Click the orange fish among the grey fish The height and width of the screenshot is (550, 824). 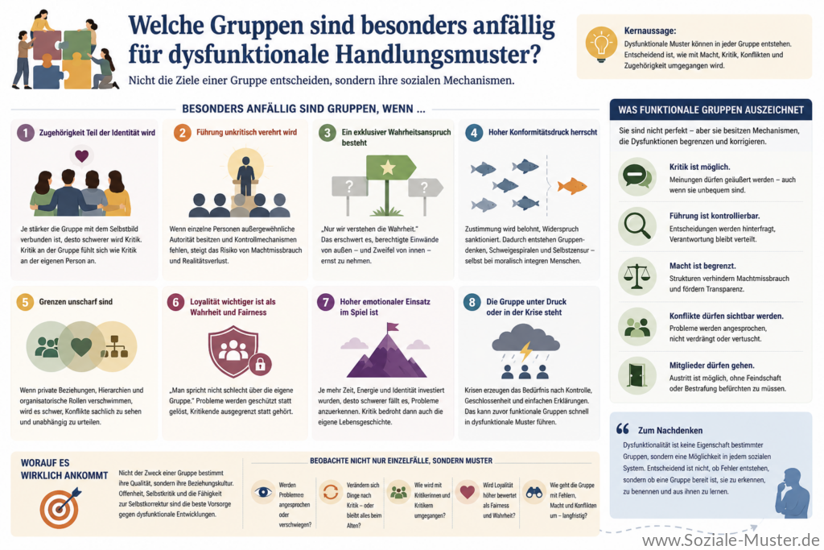pyautogui.click(x=572, y=185)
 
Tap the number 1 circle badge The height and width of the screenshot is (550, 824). pyautogui.click(x=25, y=133)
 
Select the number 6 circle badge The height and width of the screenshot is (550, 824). pyautogui.click(x=175, y=302)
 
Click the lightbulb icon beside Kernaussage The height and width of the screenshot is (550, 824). pyautogui.click(x=601, y=45)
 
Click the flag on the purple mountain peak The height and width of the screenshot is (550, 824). pyautogui.click(x=392, y=328)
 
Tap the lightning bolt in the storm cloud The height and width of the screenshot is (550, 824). pyautogui.click(x=525, y=351)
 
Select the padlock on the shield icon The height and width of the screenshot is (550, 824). pyautogui.click(x=260, y=364)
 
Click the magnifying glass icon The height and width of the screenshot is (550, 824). pyautogui.click(x=637, y=226)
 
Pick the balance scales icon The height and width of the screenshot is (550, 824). pyautogui.click(x=637, y=276)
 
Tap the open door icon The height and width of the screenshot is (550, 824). pyautogui.click(x=637, y=375)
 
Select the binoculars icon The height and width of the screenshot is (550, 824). pyautogui.click(x=534, y=493)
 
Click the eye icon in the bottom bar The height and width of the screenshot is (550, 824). pyautogui.click(x=263, y=492)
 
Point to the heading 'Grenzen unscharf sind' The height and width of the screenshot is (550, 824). pyautogui.click(x=76, y=302)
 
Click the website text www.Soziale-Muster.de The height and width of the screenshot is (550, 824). pyautogui.click(x=731, y=540)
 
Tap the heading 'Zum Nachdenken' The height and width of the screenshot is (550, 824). pyautogui.click(x=670, y=430)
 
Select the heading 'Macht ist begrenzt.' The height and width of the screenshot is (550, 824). pyautogui.click(x=702, y=266)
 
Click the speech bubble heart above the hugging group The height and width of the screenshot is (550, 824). pyautogui.click(x=81, y=155)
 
